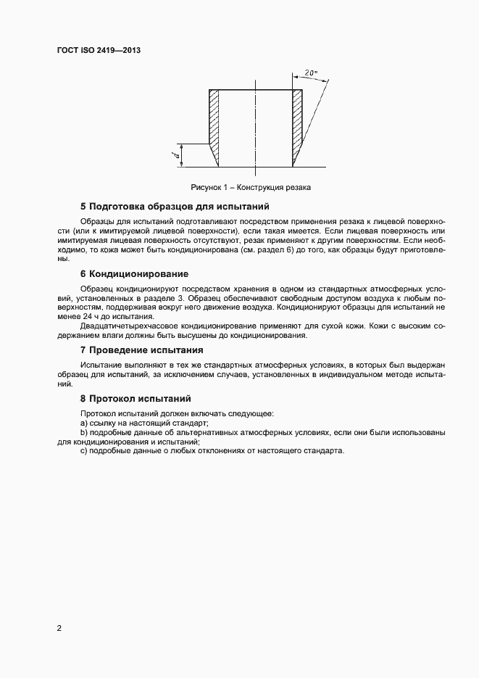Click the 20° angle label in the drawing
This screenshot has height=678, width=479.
coord(311,73)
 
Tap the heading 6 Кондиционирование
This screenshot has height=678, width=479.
coord(134,273)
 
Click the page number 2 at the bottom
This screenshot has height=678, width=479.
coord(59,628)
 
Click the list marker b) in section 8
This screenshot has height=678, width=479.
coord(84,432)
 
